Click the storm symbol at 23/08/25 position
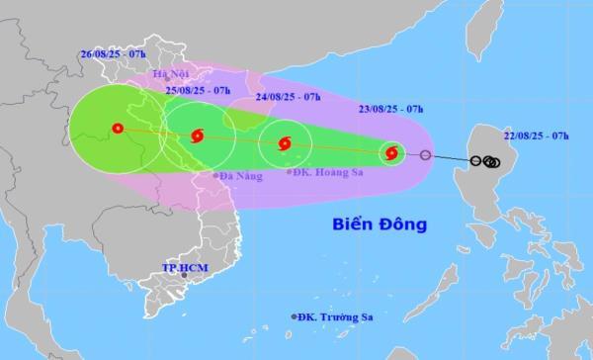pos(391,152)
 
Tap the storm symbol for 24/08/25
pos(286,143)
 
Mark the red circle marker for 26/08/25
pos(118,128)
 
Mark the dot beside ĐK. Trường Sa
pos(295,316)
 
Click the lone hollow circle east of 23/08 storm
pos(426,155)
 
